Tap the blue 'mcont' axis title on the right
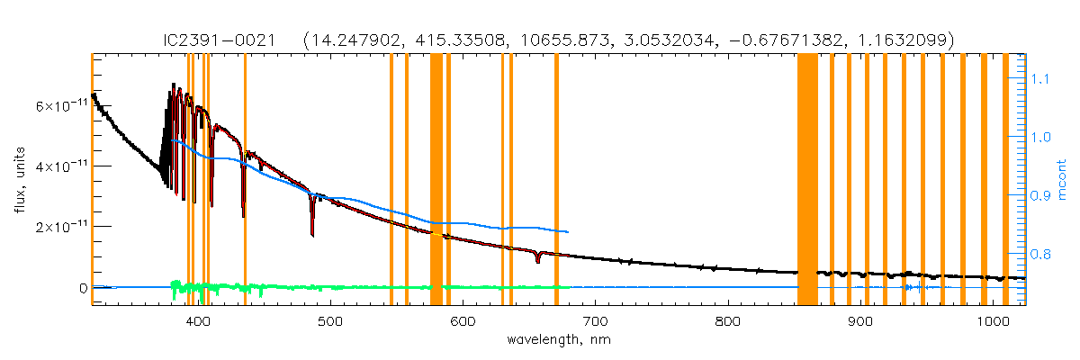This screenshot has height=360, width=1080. click(x=1062, y=180)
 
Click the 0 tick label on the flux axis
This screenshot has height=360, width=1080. click(x=82, y=288)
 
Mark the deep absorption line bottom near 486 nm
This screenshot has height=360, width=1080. click(x=312, y=234)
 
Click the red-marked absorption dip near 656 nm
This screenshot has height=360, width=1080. click(x=537, y=260)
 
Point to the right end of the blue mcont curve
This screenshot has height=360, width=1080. click(x=567, y=232)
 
